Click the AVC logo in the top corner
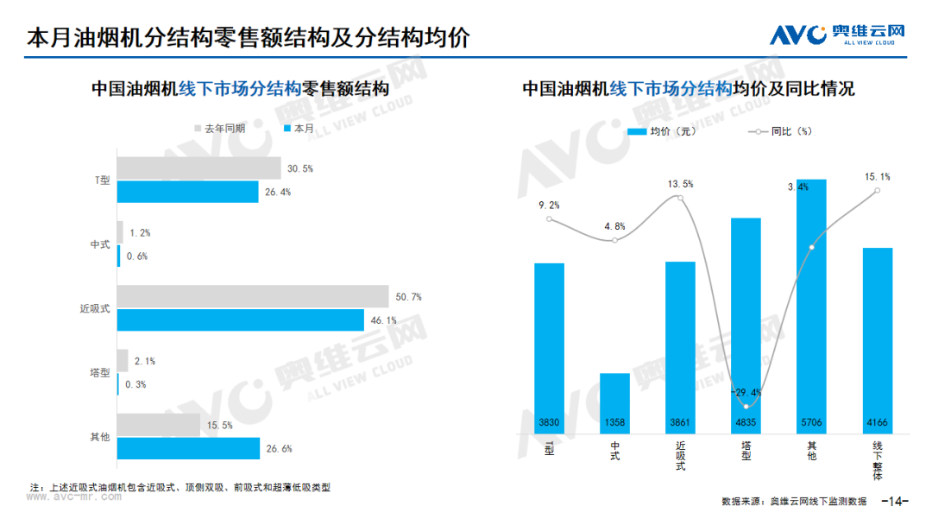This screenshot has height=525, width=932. (837, 35)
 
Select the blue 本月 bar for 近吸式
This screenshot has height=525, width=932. (240, 319)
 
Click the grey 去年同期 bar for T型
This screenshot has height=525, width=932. (198, 168)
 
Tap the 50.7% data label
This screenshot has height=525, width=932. (408, 297)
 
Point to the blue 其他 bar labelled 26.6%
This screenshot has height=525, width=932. (188, 448)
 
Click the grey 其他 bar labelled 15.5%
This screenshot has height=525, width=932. (159, 425)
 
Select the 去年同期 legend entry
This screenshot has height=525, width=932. (219, 129)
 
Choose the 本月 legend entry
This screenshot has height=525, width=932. (299, 129)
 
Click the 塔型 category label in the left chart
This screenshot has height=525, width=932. (100, 373)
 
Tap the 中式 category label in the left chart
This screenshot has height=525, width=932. (100, 244)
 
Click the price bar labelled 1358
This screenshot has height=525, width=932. (614, 403)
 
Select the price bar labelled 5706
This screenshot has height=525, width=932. (811, 307)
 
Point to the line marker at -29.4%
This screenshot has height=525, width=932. (746, 407)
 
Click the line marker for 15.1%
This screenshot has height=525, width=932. (878, 191)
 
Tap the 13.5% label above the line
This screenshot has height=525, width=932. (680, 184)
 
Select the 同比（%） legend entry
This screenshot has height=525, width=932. (780, 131)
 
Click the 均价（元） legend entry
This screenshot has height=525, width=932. (662, 131)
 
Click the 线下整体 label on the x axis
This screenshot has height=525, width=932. (878, 460)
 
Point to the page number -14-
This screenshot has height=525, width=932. (895, 501)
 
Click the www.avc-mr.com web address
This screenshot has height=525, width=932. (73, 497)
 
